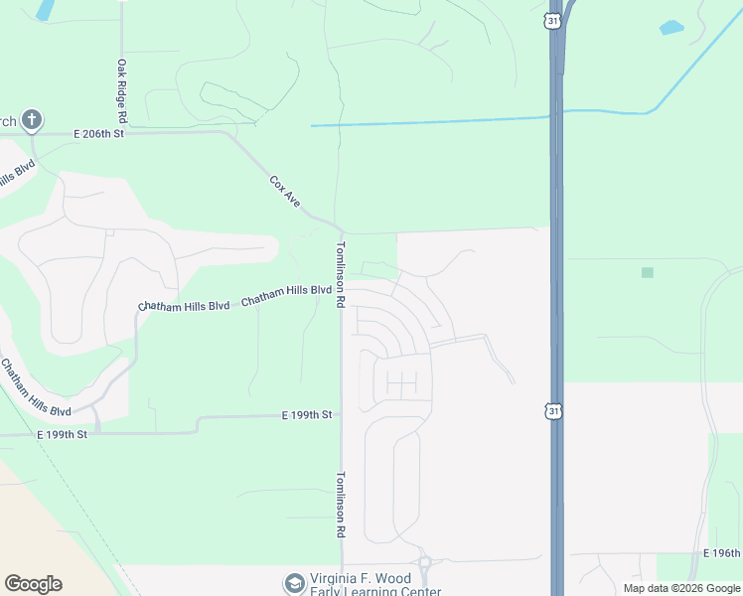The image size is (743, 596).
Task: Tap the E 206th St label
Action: click(x=97, y=133)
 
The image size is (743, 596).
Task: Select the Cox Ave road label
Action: click(x=285, y=192)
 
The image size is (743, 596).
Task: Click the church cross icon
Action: click(x=32, y=121)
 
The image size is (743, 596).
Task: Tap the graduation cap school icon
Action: click(x=294, y=583)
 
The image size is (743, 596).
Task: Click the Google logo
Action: click(x=33, y=584)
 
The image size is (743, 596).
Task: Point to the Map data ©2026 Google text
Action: click(x=681, y=588)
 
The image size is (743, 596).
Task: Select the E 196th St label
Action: click(x=722, y=552)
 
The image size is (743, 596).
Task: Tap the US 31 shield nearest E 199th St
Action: click(x=554, y=409)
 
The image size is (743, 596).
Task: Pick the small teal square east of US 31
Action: click(x=648, y=272)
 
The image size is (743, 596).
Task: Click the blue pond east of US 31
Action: click(x=671, y=28)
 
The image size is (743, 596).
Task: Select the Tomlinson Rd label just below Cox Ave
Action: click(x=340, y=273)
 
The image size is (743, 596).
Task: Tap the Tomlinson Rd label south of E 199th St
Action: click(x=341, y=506)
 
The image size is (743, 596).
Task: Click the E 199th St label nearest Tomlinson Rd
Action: click(x=306, y=414)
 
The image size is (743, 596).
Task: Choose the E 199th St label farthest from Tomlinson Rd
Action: click(x=63, y=435)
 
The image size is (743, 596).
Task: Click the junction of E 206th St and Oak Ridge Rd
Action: click(x=121, y=132)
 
